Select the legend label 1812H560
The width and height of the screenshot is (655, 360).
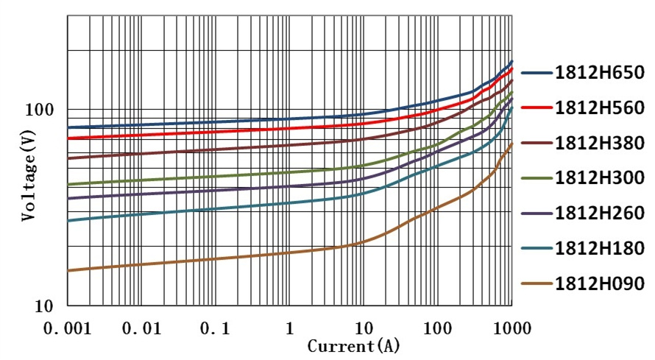[x=600, y=107]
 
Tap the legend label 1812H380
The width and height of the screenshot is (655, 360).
[x=600, y=142]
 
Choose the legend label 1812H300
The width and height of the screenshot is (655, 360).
[x=600, y=177]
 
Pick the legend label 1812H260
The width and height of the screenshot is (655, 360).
[x=600, y=213]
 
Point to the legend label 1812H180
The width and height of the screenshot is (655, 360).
[x=600, y=248]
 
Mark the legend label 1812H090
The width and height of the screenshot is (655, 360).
[x=600, y=283]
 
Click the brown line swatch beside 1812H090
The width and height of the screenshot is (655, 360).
[x=537, y=283]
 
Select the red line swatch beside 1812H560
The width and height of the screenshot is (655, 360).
[x=537, y=107]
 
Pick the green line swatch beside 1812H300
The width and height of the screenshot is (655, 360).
[x=537, y=177]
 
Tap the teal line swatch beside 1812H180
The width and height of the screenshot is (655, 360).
[x=537, y=248]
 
